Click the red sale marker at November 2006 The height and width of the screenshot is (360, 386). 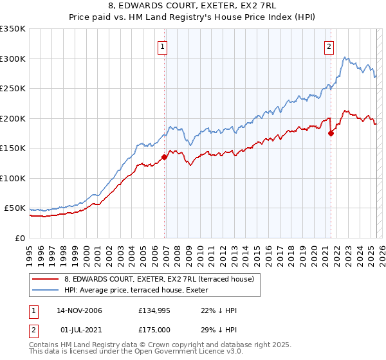[165, 156]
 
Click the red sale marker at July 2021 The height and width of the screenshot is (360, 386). [331, 133]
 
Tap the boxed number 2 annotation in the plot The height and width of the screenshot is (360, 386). [329, 46]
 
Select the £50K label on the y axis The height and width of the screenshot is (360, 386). [15, 208]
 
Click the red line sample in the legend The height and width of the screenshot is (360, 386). [46, 279]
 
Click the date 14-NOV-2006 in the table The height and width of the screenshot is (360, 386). [80, 310]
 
